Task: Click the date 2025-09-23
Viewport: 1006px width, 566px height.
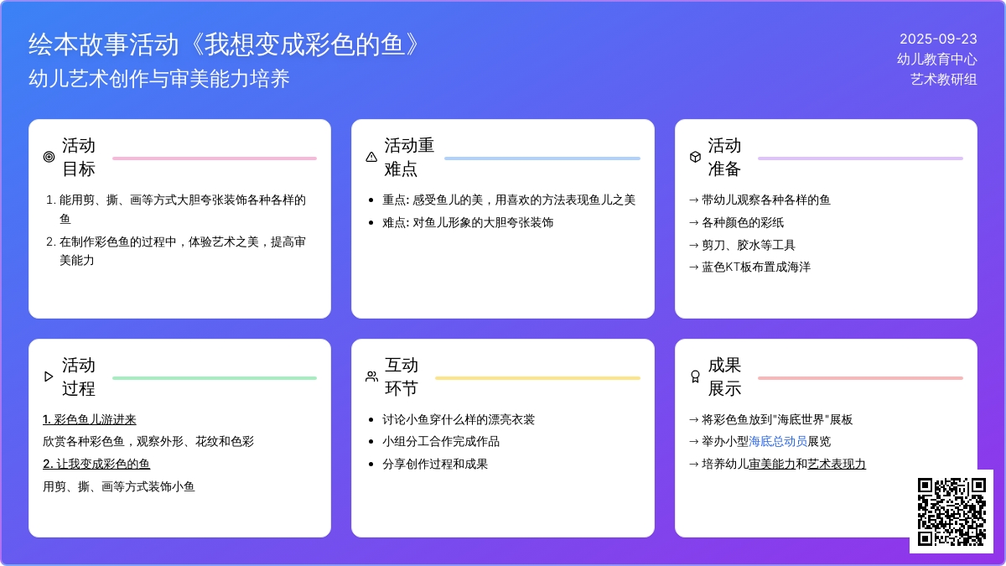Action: click(x=938, y=39)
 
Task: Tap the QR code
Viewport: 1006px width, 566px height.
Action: click(x=952, y=511)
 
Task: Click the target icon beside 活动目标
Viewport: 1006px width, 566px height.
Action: click(x=49, y=157)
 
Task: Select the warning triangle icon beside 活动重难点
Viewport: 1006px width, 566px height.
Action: click(x=371, y=157)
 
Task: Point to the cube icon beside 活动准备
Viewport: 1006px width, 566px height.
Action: click(x=695, y=157)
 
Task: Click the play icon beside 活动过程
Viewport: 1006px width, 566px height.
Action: click(x=49, y=376)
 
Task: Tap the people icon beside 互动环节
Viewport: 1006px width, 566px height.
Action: click(x=371, y=376)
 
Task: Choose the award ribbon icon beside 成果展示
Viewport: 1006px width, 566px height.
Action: click(x=695, y=376)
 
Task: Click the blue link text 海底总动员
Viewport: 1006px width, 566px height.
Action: click(x=778, y=442)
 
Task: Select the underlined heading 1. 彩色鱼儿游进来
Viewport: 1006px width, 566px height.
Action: click(x=90, y=419)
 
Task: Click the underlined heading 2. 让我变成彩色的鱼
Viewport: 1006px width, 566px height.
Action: click(x=96, y=464)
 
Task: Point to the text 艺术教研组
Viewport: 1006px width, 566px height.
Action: click(x=944, y=80)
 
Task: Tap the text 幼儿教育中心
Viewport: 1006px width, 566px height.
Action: click(x=937, y=60)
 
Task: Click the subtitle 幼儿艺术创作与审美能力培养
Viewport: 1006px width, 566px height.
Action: click(x=159, y=79)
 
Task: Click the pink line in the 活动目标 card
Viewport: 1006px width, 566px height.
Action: click(x=215, y=158)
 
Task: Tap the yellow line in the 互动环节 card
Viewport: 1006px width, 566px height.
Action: click(x=537, y=378)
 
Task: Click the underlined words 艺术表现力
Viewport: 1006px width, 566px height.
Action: click(x=837, y=464)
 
